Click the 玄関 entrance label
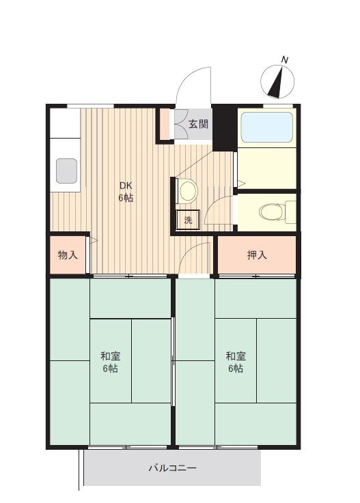click(198, 124)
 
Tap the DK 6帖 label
click(126, 192)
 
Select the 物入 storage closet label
click(68, 255)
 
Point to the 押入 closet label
click(257, 255)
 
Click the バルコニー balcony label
click(172, 468)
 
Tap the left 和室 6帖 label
click(111, 362)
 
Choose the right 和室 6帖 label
click(236, 362)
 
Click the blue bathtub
click(267, 127)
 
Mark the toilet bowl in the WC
click(271, 212)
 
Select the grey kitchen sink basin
click(66, 171)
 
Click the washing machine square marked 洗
click(188, 220)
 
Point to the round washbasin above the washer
click(188, 191)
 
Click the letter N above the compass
click(285, 59)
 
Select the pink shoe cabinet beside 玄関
click(165, 124)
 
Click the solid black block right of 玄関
click(225, 128)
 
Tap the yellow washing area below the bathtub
click(267, 169)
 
